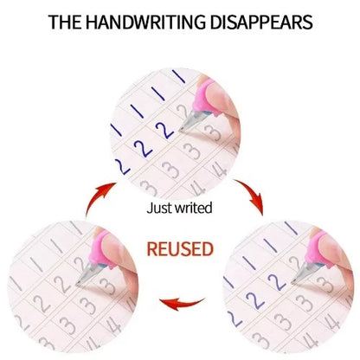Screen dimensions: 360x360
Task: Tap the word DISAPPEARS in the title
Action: [x=261, y=22]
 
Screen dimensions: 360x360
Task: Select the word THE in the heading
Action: [x=65, y=22]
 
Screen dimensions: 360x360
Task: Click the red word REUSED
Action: [x=180, y=249]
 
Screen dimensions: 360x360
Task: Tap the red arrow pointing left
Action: [x=182, y=304]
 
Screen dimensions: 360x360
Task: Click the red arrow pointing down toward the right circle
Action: [x=252, y=196]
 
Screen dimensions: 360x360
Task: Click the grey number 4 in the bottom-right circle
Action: [x=330, y=321]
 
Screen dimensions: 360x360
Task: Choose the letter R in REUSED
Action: [x=152, y=249]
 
